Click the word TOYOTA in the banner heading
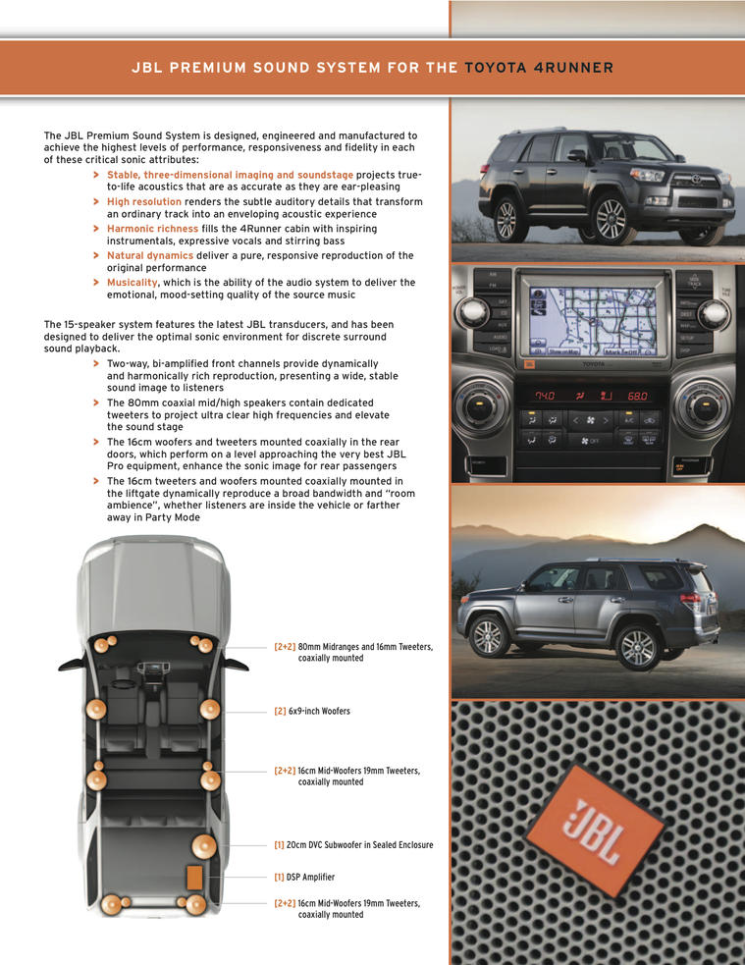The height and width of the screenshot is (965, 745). (496, 68)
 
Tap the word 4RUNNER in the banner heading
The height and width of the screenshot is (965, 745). (573, 68)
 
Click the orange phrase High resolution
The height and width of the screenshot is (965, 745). (144, 202)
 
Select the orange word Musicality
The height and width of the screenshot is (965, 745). (133, 283)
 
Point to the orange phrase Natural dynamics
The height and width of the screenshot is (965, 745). (150, 255)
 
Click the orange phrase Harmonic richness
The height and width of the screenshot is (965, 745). (152, 229)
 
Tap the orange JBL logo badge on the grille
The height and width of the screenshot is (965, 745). (593, 830)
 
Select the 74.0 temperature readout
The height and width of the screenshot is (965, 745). (545, 396)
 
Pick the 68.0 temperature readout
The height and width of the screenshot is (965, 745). (637, 396)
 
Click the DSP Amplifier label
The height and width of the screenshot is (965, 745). (304, 877)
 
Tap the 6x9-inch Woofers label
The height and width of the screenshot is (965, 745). (312, 711)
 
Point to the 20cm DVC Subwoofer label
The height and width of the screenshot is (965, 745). (353, 845)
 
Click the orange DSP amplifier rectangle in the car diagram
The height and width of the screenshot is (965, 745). (194, 877)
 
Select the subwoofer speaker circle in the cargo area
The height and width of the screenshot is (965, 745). (203, 847)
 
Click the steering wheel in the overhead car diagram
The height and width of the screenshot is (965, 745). (124, 683)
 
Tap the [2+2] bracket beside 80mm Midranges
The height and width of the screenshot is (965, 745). (285, 647)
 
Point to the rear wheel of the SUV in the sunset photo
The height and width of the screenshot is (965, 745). (637, 646)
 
